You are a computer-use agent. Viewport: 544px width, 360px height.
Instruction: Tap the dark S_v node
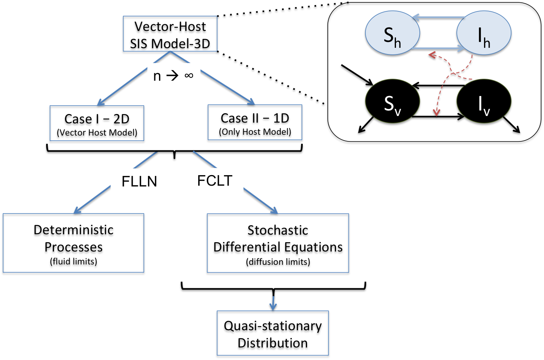(x=392, y=101)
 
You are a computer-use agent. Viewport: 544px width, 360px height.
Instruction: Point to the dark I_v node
(x=484, y=101)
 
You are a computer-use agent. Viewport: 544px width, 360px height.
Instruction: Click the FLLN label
(x=139, y=181)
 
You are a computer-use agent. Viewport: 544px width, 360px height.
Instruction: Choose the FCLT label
(x=215, y=180)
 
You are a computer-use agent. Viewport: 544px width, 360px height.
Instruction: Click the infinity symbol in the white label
(x=189, y=75)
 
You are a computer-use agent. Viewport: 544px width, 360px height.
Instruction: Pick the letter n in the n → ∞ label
(x=157, y=76)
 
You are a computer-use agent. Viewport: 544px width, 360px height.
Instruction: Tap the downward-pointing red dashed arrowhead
(x=436, y=113)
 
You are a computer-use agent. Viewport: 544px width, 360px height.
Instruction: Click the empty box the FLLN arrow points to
(x=74, y=243)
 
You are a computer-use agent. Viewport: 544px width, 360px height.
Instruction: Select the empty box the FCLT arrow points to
(x=278, y=243)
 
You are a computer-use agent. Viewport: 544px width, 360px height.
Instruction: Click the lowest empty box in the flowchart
(x=273, y=333)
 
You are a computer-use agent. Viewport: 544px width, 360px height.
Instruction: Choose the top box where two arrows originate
(x=170, y=34)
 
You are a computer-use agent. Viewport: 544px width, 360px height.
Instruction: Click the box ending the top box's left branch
(x=97, y=123)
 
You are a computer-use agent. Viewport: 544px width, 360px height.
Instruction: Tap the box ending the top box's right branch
(x=255, y=122)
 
